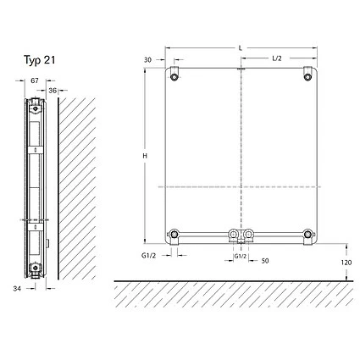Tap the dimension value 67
tap(35, 80)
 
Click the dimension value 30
tap(149, 59)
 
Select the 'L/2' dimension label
tap(277, 58)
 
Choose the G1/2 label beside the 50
tap(240, 255)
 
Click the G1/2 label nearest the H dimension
tap(149, 255)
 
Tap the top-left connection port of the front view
tap(174, 77)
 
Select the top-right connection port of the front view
tap(307, 77)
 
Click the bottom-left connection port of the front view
tap(174, 235)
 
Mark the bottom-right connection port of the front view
tap(307, 235)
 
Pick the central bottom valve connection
tap(241, 235)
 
